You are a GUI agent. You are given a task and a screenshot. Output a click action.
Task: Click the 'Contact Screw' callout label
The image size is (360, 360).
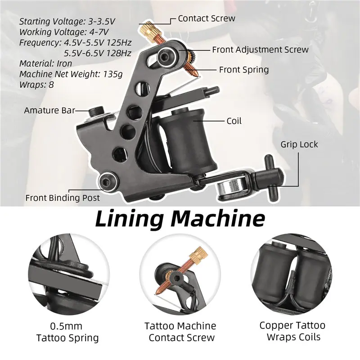pyautogui.click(x=206, y=18)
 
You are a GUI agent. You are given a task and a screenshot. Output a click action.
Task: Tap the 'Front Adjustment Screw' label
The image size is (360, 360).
pyautogui.click(x=260, y=49)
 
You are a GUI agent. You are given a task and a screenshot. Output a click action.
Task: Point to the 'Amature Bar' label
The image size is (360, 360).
pyautogui.click(x=49, y=110)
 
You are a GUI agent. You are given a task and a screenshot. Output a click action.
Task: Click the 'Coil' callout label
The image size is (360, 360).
pyautogui.click(x=234, y=121)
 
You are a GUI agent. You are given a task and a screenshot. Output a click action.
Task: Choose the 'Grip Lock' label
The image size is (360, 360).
pyautogui.click(x=299, y=144)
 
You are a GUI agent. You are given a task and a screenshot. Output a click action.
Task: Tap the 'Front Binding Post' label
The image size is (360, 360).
pyautogui.click(x=63, y=198)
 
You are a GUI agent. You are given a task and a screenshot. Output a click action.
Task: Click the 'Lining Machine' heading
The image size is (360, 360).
pyautogui.click(x=180, y=219)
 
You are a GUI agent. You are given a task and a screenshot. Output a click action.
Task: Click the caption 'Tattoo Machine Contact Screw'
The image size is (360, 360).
pyautogui.click(x=180, y=332)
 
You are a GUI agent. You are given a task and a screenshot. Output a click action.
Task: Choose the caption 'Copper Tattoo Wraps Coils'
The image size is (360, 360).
pyautogui.click(x=292, y=331)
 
